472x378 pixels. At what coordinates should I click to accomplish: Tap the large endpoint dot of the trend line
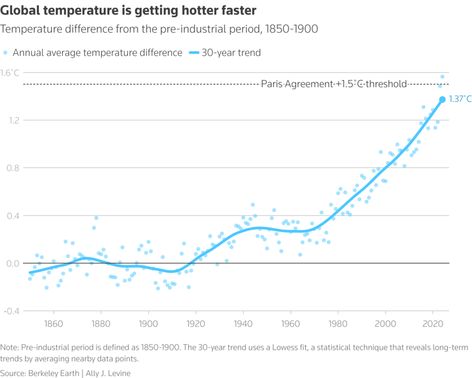coord(442,99)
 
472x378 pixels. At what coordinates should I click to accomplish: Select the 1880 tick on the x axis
coord(101,324)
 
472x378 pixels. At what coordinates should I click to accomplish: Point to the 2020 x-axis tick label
coord(433,324)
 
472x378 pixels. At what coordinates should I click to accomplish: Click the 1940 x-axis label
coord(243,324)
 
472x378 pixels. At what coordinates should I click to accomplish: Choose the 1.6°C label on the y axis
coord(10,72)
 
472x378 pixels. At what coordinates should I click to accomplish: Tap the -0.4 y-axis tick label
coord(12,311)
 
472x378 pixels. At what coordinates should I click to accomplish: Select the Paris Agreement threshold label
coord(334,84)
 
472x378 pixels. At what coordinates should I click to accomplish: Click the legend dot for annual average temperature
coord(6,53)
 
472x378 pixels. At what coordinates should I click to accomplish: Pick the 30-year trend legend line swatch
coord(193,53)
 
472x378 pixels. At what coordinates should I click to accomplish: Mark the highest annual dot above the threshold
coord(442,77)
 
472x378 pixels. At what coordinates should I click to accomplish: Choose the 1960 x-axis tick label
coord(290,324)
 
